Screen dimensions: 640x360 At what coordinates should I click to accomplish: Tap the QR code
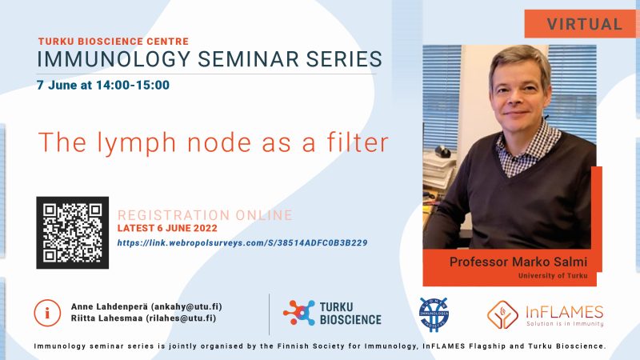(x=73, y=233)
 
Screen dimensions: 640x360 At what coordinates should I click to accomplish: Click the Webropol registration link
(x=242, y=243)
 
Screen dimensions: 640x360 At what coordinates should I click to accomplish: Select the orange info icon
(x=47, y=314)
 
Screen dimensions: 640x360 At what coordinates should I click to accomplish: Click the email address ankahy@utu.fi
(x=186, y=306)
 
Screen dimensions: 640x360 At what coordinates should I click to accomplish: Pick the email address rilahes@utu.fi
(x=181, y=318)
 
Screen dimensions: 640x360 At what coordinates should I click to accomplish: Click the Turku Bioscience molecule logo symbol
(x=299, y=313)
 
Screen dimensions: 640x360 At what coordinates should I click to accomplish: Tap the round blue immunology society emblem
(x=434, y=314)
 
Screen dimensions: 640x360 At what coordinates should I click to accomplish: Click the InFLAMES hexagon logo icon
(x=502, y=314)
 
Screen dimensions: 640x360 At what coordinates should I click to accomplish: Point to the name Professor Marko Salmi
(x=518, y=262)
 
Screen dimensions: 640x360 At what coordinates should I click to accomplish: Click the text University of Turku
(x=553, y=275)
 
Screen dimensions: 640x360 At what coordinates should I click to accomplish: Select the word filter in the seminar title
(x=358, y=142)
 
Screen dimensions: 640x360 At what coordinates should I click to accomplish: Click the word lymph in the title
(x=137, y=143)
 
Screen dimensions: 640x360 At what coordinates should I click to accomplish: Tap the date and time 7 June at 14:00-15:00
(x=103, y=85)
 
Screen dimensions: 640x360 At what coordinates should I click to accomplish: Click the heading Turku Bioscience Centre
(x=114, y=42)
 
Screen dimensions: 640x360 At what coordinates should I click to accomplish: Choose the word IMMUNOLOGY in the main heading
(x=114, y=58)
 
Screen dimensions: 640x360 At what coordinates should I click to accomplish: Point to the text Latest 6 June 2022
(x=167, y=228)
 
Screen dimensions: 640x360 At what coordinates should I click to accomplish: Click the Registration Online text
(x=205, y=215)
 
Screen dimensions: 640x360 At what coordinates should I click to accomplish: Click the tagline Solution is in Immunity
(x=565, y=324)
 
